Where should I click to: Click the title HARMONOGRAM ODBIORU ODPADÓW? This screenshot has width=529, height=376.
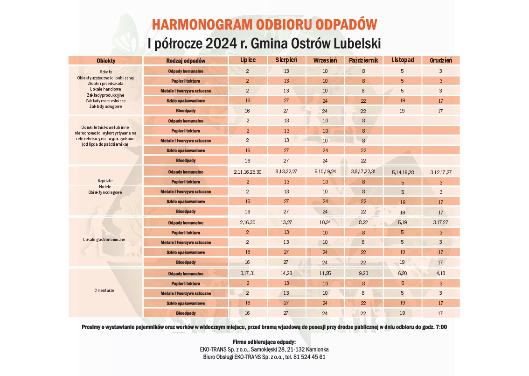pyautogui.click(x=264, y=25)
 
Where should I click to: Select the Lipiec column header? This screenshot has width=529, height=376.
pyautogui.click(x=248, y=60)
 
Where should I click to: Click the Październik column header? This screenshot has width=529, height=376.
pyautogui.click(x=363, y=60)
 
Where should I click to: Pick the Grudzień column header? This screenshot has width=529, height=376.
pyautogui.click(x=441, y=60)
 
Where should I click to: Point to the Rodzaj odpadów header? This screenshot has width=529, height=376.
pyautogui.click(x=186, y=60)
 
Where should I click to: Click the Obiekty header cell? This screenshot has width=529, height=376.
pyautogui.click(x=106, y=61)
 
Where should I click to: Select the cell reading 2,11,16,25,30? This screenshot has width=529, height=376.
pyautogui.click(x=248, y=172)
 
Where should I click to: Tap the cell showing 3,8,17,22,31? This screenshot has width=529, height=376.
pyautogui.click(x=363, y=172)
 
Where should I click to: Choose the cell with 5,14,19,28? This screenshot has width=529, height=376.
pyautogui.click(x=403, y=172)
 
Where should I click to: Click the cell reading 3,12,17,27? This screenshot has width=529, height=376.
pyautogui.click(x=441, y=172)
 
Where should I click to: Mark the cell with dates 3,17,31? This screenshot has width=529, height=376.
pyautogui.click(x=248, y=273)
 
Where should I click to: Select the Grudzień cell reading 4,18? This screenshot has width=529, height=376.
pyautogui.click(x=441, y=273)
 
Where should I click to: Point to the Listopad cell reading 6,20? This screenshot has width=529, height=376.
pyautogui.click(x=402, y=273)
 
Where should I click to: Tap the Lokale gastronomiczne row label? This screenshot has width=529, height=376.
pyautogui.click(x=104, y=240)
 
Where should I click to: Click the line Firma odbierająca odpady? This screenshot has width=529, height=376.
pyautogui.click(x=264, y=342)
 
